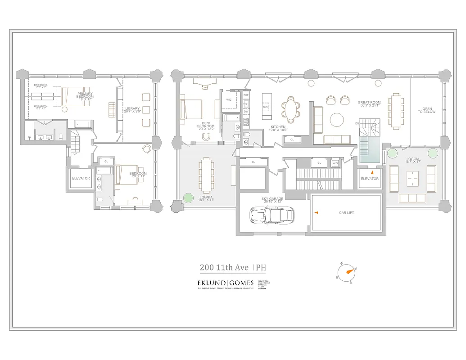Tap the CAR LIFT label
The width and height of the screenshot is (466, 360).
coord(346,212)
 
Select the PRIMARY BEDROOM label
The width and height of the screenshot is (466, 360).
coord(85,95)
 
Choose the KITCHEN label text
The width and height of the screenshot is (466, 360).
coord(278,128)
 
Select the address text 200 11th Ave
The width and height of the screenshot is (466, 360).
coord(224,268)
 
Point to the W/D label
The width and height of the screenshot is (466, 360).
coord(335,163)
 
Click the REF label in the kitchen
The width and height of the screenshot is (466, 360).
coord(246,95)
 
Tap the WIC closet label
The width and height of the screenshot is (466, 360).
coord(229,99)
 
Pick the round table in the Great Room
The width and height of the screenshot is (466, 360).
coord(337,120)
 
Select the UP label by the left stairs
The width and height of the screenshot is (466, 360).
coord(75,153)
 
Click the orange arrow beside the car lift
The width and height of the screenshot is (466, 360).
coord(316,212)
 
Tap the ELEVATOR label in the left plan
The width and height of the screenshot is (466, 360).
coord(81,178)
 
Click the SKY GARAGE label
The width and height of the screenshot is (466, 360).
coord(272,199)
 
